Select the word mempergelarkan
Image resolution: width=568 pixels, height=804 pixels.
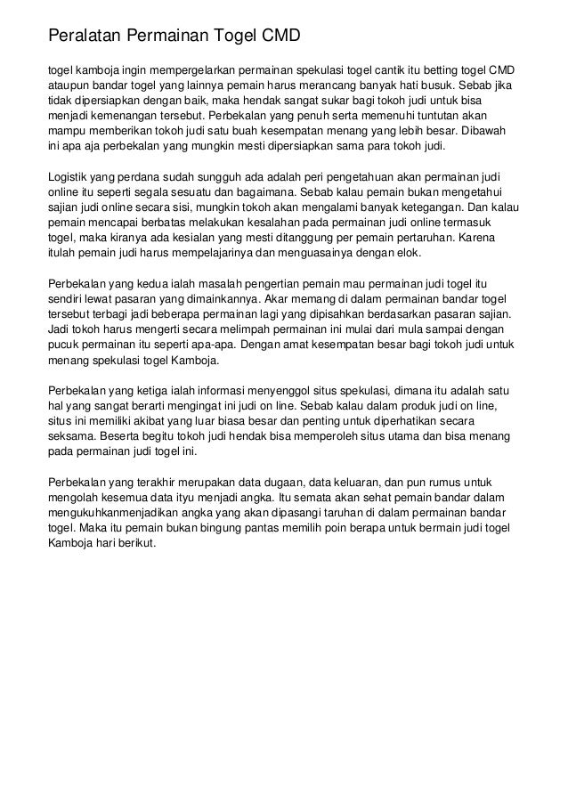(199, 70)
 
